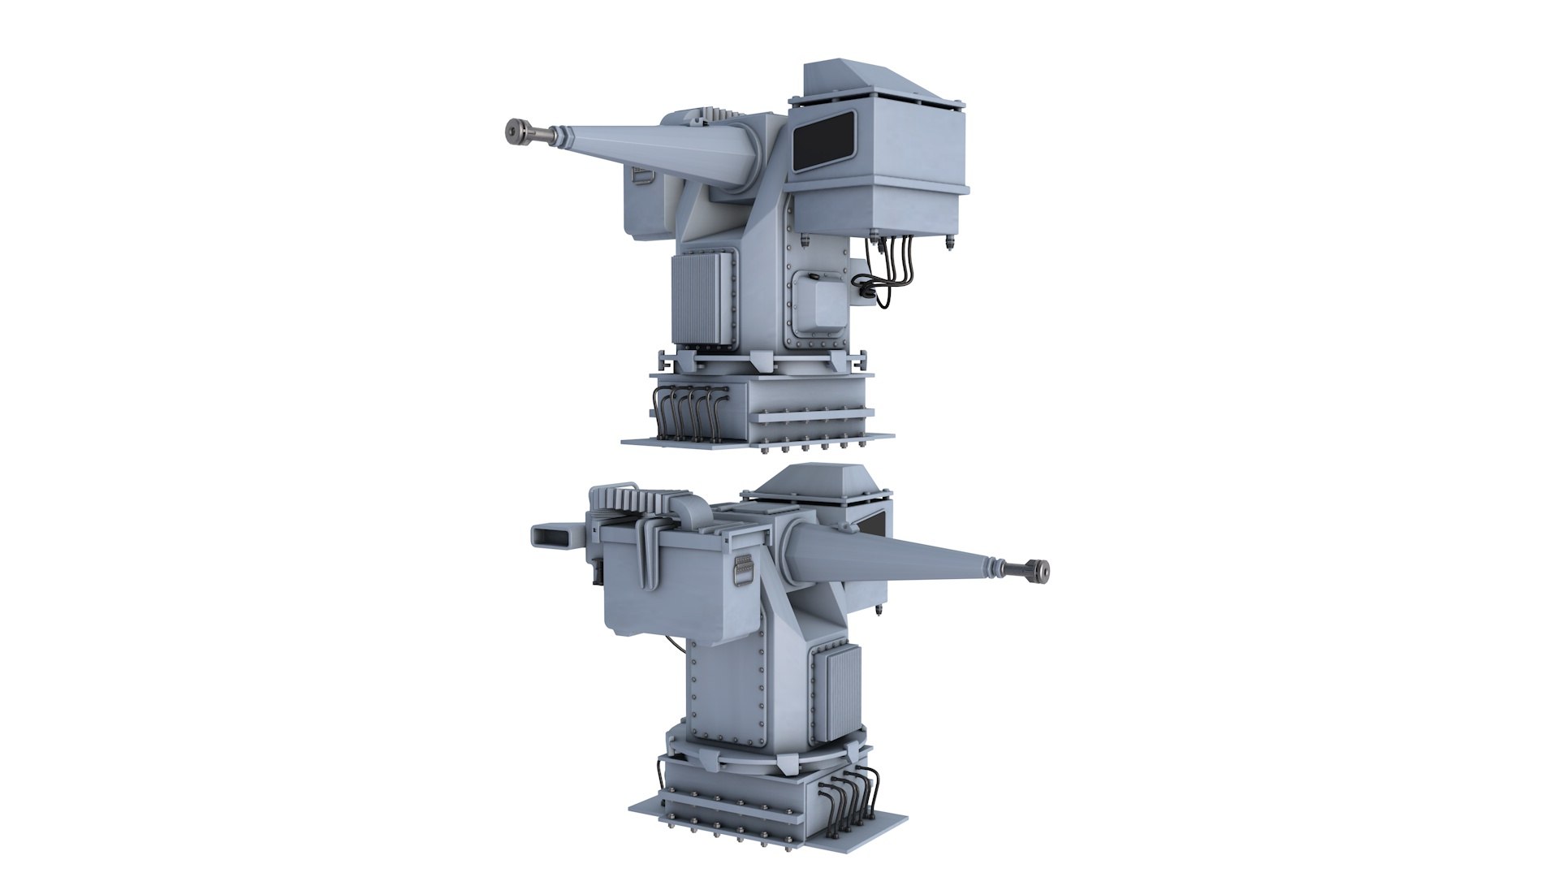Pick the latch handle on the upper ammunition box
click(641, 173)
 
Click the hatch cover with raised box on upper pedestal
click(818, 304)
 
